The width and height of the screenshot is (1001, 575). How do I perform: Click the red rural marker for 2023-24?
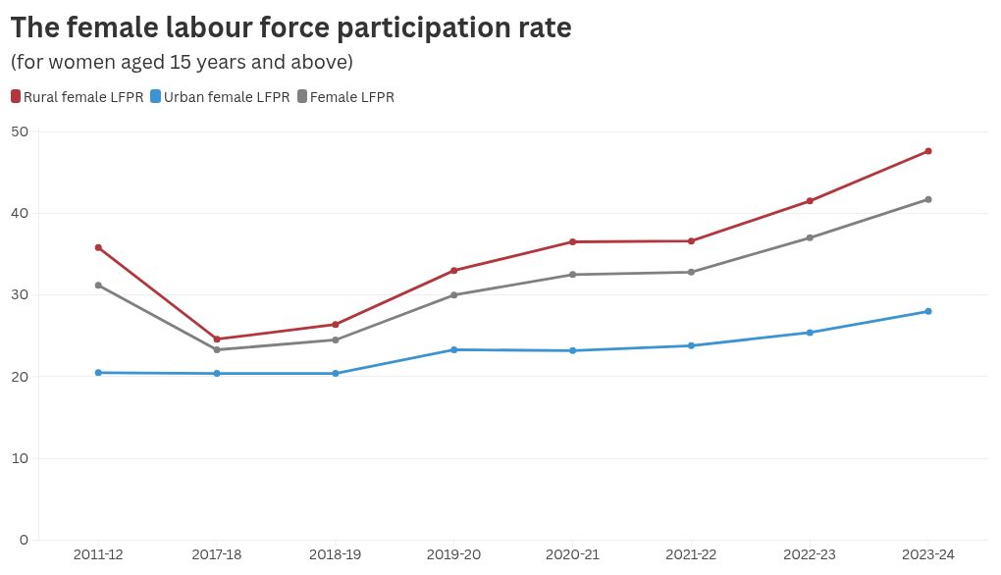click(x=928, y=151)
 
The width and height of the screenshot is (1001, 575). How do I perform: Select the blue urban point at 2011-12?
click(x=98, y=373)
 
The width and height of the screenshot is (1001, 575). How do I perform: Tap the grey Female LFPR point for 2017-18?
click(x=217, y=350)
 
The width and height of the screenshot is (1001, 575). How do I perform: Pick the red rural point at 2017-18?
click(x=217, y=340)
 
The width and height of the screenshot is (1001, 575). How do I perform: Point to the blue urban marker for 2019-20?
click(x=454, y=350)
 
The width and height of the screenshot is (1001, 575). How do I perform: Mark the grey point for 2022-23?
click(x=810, y=237)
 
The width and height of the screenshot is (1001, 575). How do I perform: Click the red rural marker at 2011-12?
click(x=98, y=247)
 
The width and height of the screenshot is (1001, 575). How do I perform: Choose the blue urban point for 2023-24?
click(x=928, y=312)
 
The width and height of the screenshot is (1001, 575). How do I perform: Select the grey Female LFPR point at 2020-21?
click(x=573, y=275)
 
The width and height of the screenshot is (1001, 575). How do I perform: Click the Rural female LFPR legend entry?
click(x=78, y=97)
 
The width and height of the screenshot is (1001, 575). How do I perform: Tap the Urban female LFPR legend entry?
click(x=220, y=97)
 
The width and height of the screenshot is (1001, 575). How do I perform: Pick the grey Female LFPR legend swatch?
click(x=302, y=97)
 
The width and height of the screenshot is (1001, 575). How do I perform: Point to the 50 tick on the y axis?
click(x=20, y=131)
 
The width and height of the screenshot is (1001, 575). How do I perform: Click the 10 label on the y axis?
click(x=20, y=458)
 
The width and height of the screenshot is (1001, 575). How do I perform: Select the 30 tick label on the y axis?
click(x=20, y=294)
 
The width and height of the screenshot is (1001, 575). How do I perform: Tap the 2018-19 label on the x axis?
click(x=336, y=555)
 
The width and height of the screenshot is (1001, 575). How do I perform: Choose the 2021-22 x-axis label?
click(x=691, y=555)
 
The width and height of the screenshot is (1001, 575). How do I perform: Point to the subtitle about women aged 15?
click(x=181, y=63)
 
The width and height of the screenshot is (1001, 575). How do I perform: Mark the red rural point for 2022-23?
click(x=810, y=201)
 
